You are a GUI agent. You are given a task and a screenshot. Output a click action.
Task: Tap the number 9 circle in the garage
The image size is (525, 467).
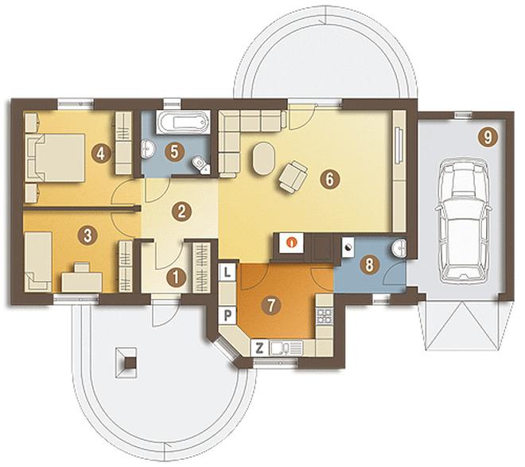(x=488, y=138)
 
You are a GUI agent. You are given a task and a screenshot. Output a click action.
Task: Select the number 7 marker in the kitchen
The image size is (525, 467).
(x=270, y=305)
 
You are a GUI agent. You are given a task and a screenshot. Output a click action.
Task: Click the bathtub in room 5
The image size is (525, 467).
(x=183, y=123)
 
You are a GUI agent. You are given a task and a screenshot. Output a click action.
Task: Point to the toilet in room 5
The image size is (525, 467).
(x=200, y=165)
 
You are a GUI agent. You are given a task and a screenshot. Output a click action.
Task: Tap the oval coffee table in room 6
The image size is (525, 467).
(x=263, y=158)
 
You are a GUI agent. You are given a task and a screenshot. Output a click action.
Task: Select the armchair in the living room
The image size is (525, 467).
(x=293, y=176)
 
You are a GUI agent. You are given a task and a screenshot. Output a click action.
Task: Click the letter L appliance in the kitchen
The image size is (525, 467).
(x=227, y=272)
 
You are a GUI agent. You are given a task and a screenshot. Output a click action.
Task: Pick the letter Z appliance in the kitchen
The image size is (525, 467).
(x=259, y=348)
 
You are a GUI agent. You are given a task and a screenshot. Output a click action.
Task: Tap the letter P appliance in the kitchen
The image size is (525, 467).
(x=227, y=315)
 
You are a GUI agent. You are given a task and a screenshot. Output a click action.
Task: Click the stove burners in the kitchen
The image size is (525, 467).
(x=325, y=316)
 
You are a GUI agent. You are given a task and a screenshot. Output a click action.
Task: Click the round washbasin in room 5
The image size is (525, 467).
(x=147, y=149)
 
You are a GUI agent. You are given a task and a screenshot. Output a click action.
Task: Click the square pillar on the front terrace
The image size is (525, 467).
(x=126, y=363)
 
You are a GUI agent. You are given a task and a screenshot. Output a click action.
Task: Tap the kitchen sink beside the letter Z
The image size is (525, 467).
(x=278, y=348)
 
